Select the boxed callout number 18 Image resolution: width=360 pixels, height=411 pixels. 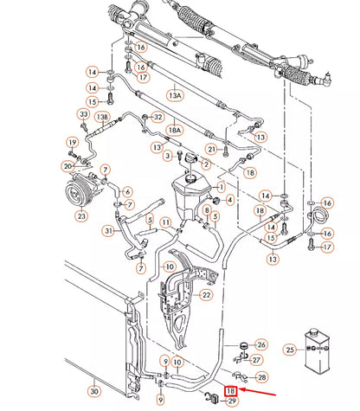click(x=231, y=390)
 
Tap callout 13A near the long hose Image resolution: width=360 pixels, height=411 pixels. click(x=176, y=94)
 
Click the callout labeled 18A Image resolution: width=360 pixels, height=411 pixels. click(x=175, y=129)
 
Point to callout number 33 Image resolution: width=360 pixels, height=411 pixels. click(x=83, y=114)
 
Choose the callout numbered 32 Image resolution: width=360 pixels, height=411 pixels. click(x=157, y=117)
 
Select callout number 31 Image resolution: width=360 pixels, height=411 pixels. click(x=108, y=230)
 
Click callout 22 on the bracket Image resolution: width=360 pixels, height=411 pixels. click(x=205, y=295)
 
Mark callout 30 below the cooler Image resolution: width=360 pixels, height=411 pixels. click(x=93, y=391)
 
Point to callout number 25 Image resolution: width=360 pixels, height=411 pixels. click(x=292, y=350)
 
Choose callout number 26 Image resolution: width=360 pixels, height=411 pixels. click(x=261, y=345)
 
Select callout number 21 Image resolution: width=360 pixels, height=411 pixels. click(x=209, y=149)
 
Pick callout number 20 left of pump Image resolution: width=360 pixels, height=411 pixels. click(x=67, y=165)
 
